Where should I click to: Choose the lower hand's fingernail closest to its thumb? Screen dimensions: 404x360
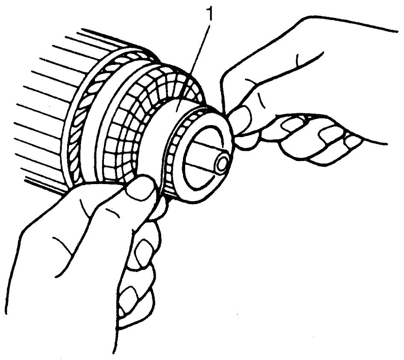[143, 249]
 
